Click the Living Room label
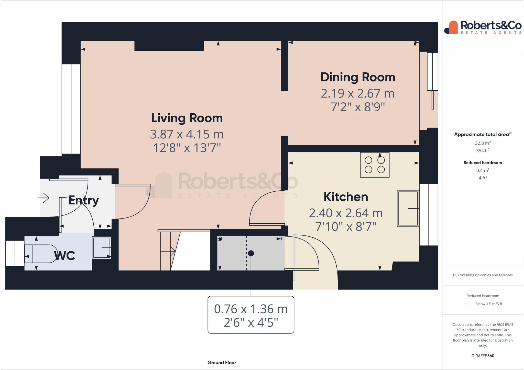[x=187, y=118]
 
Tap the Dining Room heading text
[x=358, y=77]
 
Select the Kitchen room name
[x=346, y=197]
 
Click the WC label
[x=64, y=256]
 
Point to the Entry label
[x=83, y=200]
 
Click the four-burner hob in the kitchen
[x=375, y=165]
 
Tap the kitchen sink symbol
[x=408, y=209]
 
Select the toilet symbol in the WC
[x=41, y=254]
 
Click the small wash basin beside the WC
[x=102, y=247]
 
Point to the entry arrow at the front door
[x=44, y=198]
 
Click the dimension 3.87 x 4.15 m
[x=187, y=134]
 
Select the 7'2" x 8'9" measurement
[x=358, y=107]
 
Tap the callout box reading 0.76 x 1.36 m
[x=251, y=315]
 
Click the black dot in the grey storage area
[x=251, y=253]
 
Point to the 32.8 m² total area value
[x=483, y=143]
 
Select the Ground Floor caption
[x=222, y=363]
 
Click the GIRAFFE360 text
[x=483, y=356]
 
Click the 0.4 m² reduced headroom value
[x=483, y=170]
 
